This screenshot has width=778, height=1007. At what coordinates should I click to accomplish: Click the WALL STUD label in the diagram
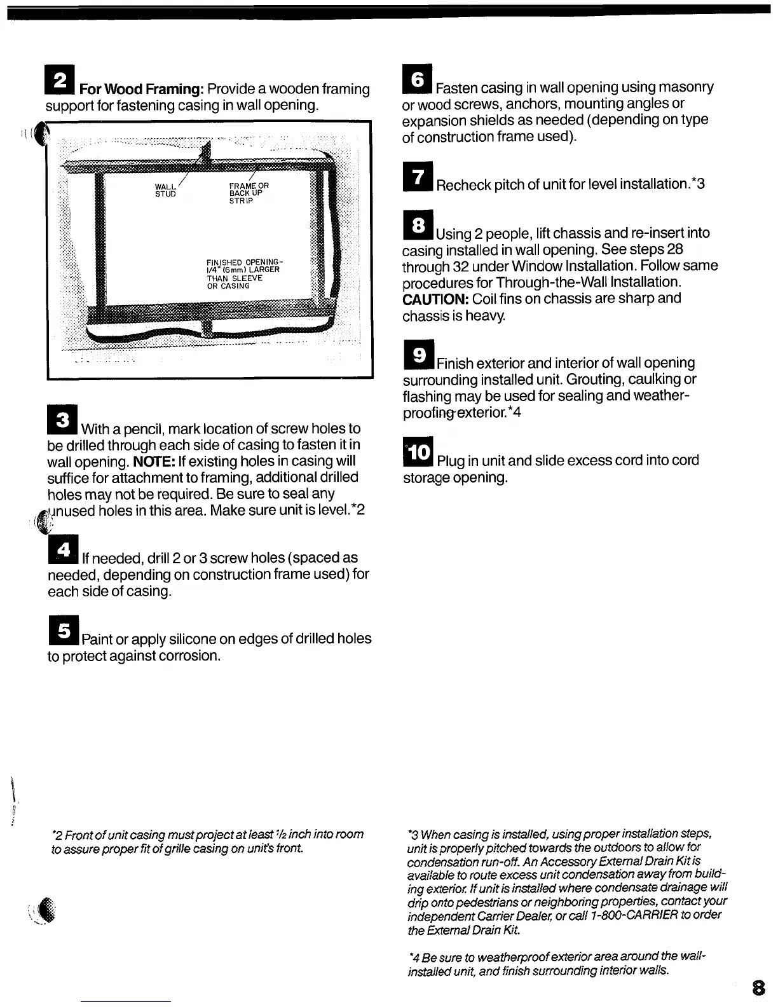click(x=165, y=189)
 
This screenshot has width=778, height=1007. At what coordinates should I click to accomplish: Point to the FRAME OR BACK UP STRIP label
click(x=249, y=193)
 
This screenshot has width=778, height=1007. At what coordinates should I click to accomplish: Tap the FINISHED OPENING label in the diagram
click(x=244, y=273)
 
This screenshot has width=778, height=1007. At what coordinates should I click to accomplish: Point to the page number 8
click(x=758, y=988)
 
